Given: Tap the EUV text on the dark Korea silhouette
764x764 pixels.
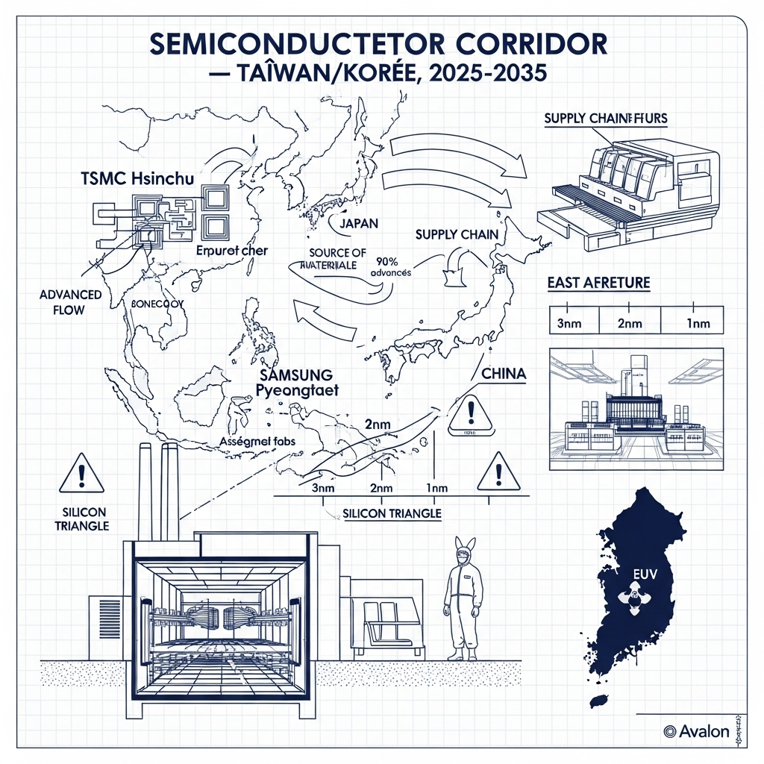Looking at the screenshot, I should coord(642,574).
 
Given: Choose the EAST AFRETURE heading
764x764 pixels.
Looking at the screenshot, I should coord(598,283).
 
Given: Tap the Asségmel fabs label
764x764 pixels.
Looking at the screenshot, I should coord(259,442).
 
